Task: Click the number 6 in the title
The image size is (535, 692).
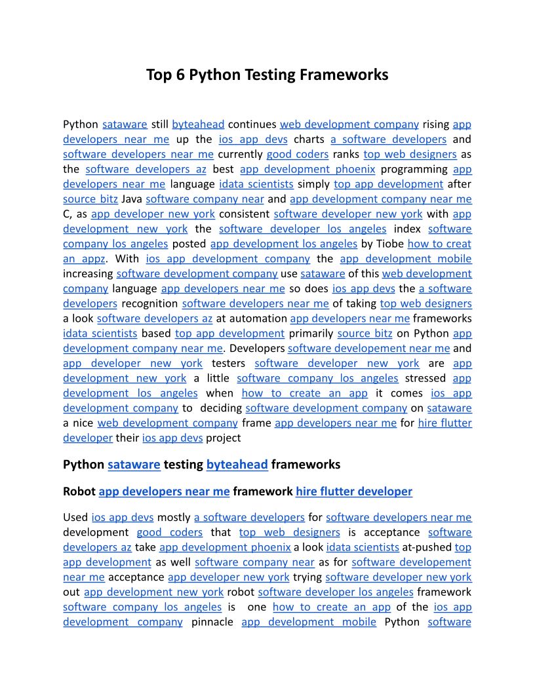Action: (x=180, y=75)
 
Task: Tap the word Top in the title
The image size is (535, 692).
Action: (x=159, y=75)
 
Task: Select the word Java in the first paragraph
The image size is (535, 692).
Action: (x=132, y=199)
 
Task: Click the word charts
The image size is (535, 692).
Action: (x=309, y=139)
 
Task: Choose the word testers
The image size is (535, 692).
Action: (x=229, y=363)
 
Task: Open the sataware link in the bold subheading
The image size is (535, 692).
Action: (x=134, y=465)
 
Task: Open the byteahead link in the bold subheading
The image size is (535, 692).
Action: (x=237, y=465)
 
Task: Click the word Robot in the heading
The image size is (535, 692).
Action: (x=79, y=491)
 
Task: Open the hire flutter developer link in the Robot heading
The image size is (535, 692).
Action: (x=354, y=491)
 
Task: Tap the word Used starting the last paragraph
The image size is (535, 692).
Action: (x=75, y=518)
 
